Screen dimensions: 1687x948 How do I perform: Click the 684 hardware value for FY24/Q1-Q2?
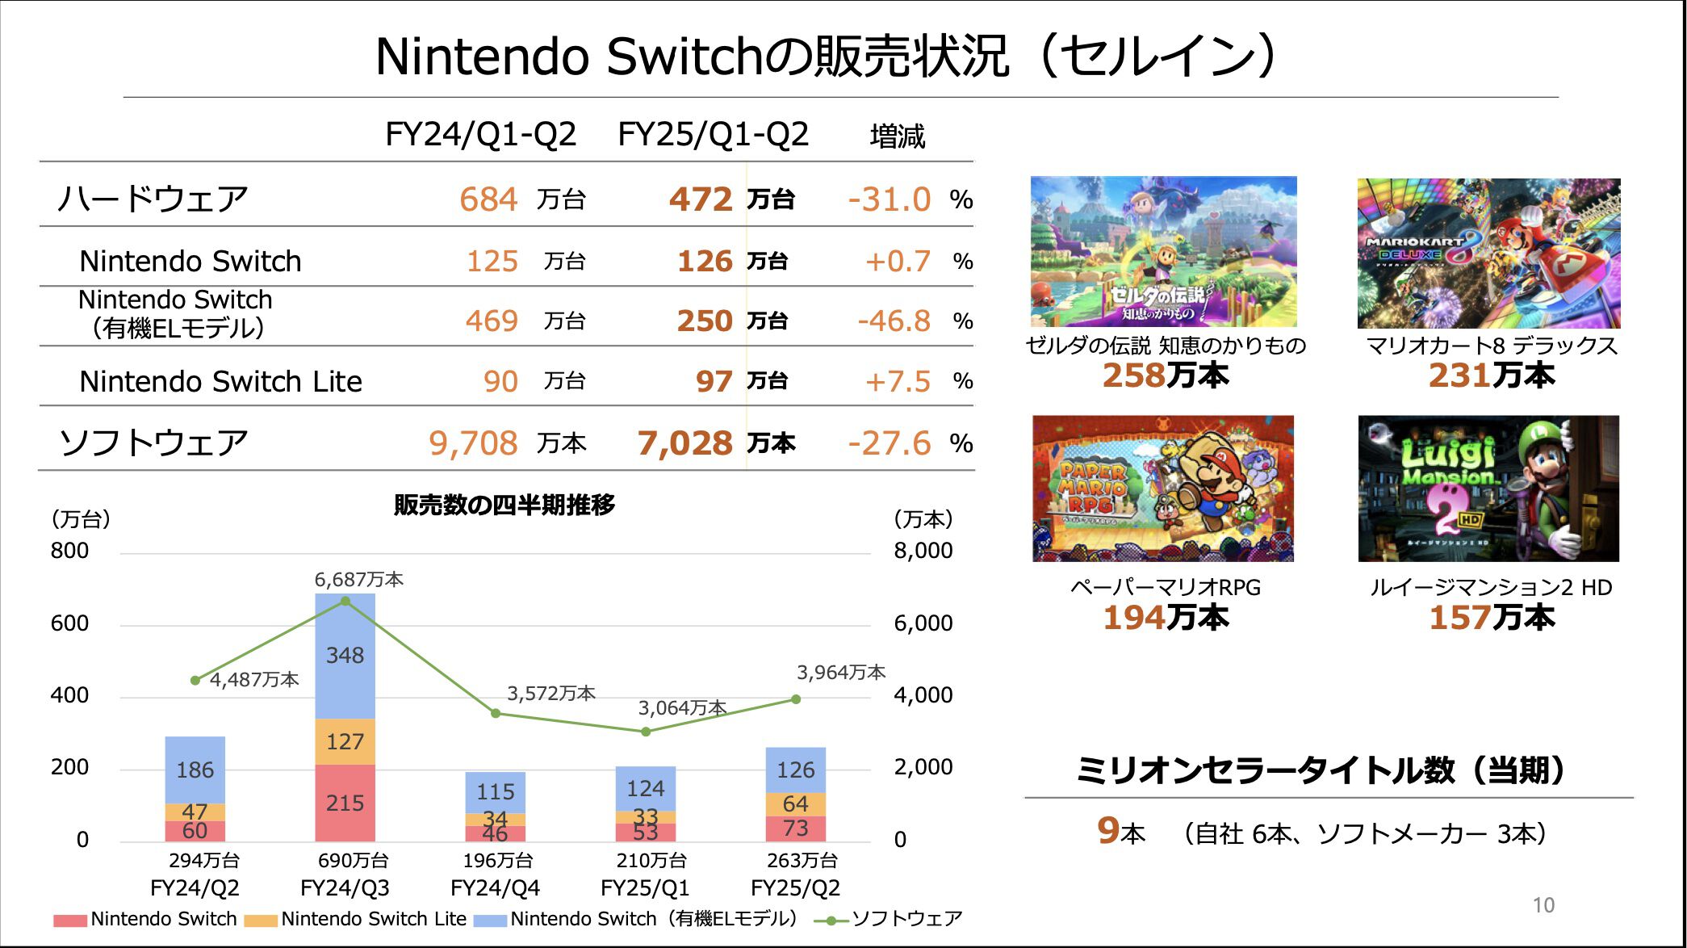(x=488, y=199)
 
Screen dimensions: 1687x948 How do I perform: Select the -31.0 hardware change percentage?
(x=890, y=199)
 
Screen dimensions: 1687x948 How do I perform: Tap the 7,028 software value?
(x=685, y=443)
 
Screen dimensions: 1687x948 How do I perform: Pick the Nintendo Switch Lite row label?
(x=220, y=381)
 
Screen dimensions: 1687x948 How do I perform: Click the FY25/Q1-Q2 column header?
(x=713, y=134)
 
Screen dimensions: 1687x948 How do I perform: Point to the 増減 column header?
(x=897, y=136)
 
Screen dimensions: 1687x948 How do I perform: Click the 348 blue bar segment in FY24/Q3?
(x=345, y=656)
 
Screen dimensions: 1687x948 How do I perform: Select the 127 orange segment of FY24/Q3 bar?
(x=345, y=741)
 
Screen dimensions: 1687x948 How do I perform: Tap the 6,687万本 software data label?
(x=358, y=579)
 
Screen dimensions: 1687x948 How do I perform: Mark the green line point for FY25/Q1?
(x=646, y=732)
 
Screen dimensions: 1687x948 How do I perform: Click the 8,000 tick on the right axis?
(x=923, y=551)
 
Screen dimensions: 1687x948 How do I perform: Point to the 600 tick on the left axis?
(x=69, y=623)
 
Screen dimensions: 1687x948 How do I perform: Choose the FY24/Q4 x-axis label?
(x=495, y=888)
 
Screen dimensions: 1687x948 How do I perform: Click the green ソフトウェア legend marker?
(x=831, y=920)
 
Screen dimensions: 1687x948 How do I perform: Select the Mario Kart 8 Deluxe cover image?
(x=1488, y=254)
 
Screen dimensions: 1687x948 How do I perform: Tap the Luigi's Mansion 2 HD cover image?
(x=1488, y=489)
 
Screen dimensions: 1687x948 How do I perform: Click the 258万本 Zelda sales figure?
(x=1166, y=375)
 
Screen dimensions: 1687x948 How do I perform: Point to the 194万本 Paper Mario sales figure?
(x=1166, y=618)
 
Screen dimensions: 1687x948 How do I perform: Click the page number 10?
(x=1543, y=905)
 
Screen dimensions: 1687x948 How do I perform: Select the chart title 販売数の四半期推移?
(x=504, y=505)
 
